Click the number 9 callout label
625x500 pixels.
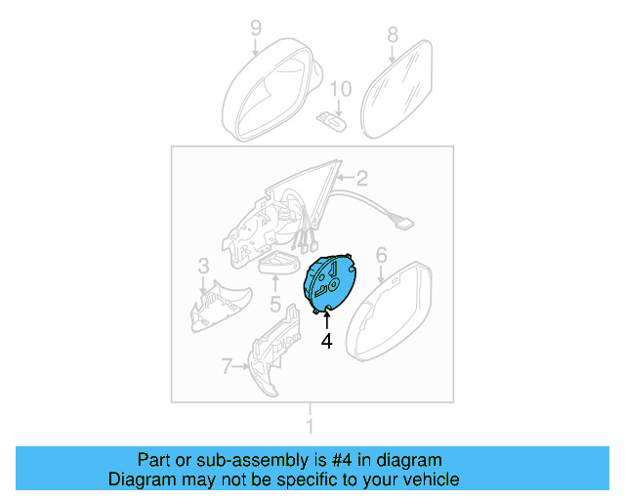pos(256,27)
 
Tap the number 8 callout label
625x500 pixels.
pos(393,34)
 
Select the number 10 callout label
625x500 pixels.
pos(338,90)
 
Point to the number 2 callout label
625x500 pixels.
pos(361,178)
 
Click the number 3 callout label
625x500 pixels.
pos(203,265)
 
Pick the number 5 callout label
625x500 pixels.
pos(275,305)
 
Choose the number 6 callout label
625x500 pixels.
pos(382,256)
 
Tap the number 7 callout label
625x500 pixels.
pos(227,366)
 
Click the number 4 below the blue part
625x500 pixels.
pos(327,341)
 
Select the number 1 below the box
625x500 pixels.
pos(311,426)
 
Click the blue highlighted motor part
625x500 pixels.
pos(330,284)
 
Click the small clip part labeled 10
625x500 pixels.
pos(332,121)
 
